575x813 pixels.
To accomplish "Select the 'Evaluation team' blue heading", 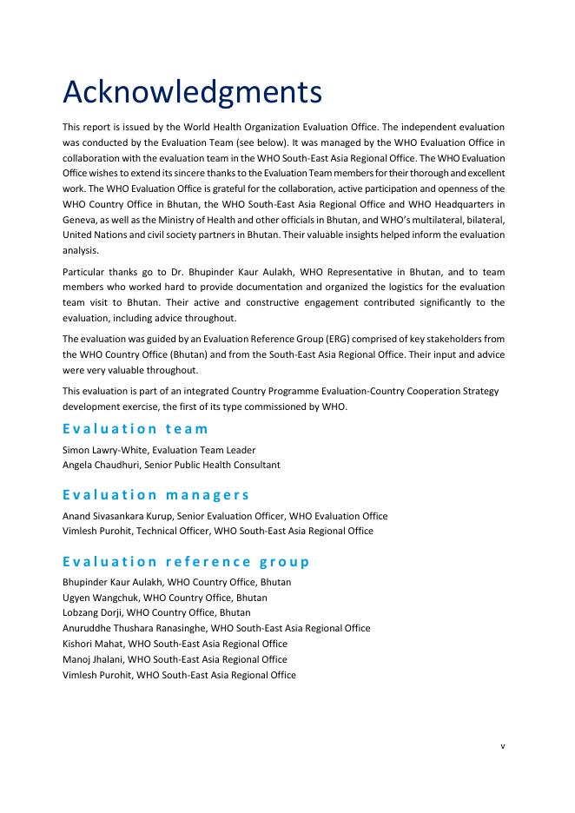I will pos(135,428).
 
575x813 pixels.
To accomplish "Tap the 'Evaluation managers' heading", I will pos(155,494).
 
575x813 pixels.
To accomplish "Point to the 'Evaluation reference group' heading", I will pos(186,561).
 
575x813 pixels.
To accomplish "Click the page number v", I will pos(502,744).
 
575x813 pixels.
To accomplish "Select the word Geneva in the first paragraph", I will pos(80,219).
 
